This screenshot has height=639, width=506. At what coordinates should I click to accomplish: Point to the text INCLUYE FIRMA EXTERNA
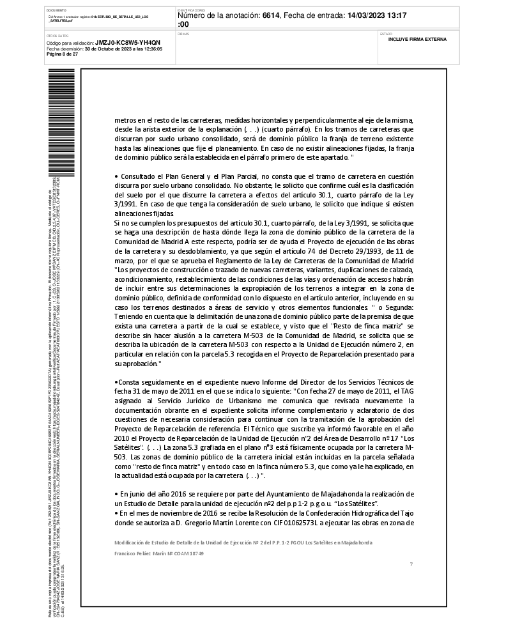pyautogui.click(x=417, y=39)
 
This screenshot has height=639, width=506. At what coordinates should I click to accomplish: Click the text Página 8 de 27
pyautogui.click(x=63, y=54)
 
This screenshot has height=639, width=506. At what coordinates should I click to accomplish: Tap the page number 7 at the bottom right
pyautogui.click(x=411, y=564)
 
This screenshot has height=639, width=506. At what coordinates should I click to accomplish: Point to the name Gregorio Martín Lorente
pyautogui.click(x=213, y=523)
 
